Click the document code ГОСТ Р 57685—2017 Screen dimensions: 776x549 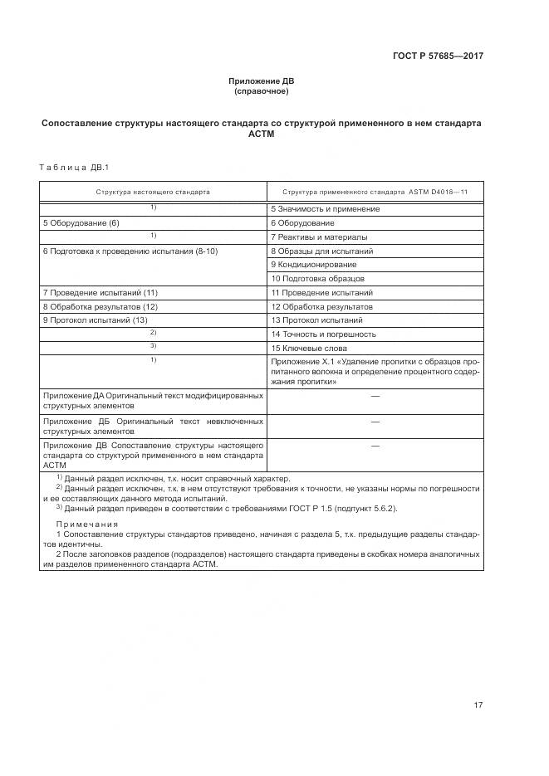[x=438, y=56]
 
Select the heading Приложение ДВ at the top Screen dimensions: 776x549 [x=262, y=81]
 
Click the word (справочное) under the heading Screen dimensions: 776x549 [x=262, y=90]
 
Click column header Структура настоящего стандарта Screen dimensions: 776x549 [x=153, y=192]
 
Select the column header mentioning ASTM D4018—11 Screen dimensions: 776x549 [x=375, y=192]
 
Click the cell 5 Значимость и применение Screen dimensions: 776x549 [x=325, y=209]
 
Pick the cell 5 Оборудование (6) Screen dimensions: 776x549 [x=81, y=223]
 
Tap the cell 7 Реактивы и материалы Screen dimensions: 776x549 [x=319, y=237]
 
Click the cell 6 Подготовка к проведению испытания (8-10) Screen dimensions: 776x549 [x=130, y=251]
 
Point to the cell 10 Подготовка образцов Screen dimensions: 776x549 [x=317, y=279]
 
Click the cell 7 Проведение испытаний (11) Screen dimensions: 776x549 [x=100, y=293]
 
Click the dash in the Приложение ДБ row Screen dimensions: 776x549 [x=375, y=422]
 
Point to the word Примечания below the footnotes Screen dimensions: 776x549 [x=87, y=525]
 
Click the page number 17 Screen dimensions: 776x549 [x=478, y=705]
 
